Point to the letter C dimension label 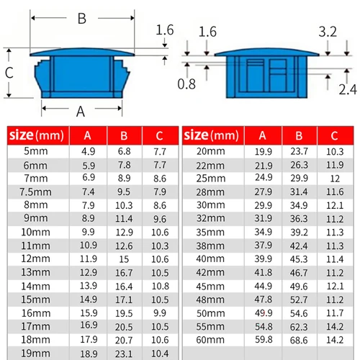click(x=9, y=73)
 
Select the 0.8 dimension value click(x=186, y=84)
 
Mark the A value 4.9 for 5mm click(x=88, y=151)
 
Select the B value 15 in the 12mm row click(x=124, y=258)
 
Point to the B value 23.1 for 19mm click(x=124, y=352)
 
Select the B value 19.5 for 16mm click(x=124, y=312)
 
